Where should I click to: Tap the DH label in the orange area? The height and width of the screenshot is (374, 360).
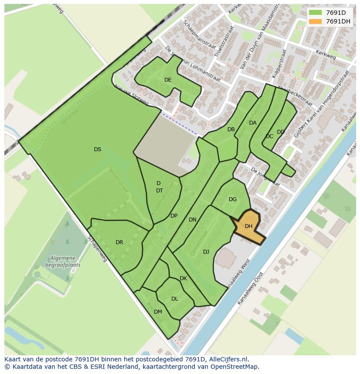[249, 226]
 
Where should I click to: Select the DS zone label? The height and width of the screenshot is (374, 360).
[97, 149]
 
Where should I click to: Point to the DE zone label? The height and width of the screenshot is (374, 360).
[168, 80]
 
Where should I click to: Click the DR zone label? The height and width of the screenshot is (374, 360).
[120, 242]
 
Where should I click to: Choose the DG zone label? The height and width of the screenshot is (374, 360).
[233, 199]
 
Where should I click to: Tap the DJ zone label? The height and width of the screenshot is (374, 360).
[206, 252]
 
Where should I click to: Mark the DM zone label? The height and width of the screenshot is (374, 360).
[158, 312]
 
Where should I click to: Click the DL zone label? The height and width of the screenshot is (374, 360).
[174, 299]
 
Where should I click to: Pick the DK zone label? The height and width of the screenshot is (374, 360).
[183, 278]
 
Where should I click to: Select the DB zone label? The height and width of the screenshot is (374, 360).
[231, 129]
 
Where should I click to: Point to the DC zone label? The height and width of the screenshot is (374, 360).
[269, 136]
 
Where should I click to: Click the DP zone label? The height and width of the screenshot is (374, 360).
[174, 216]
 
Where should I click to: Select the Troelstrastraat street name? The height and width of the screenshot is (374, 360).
[224, 41]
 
